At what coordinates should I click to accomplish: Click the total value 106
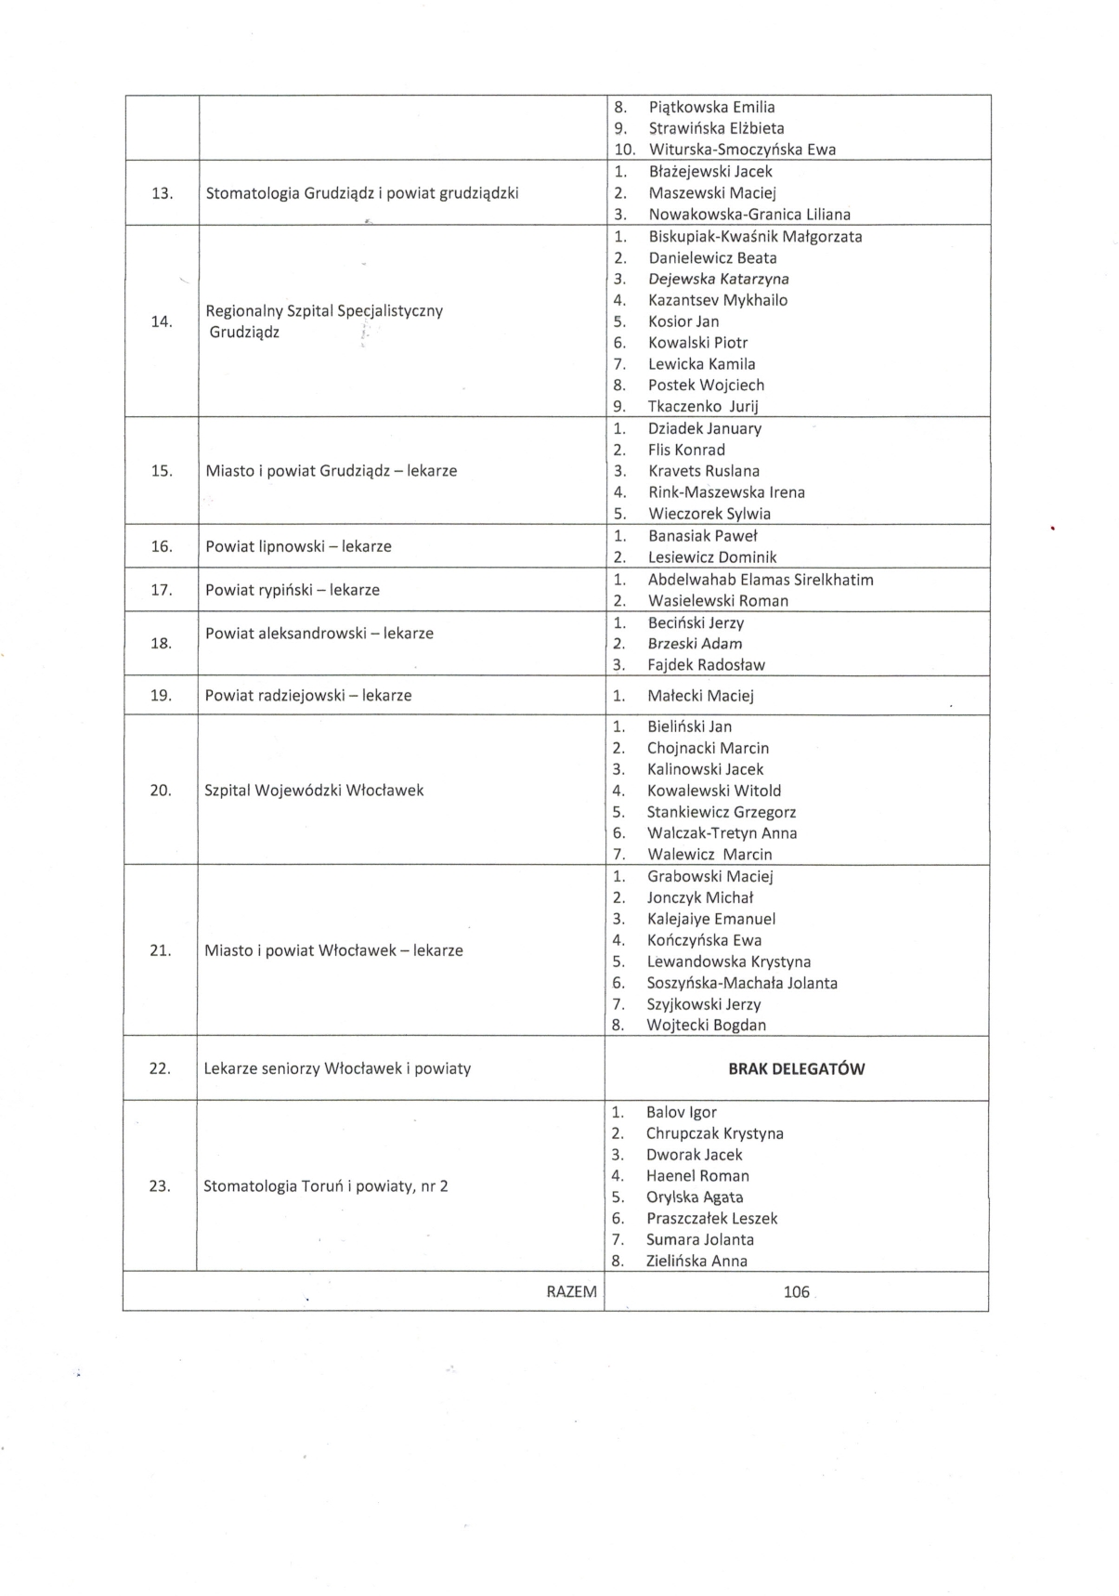[796, 1291]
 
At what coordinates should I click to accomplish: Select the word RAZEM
[571, 1291]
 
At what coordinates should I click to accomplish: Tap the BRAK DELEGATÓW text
[796, 1068]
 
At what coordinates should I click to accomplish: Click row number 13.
[163, 193]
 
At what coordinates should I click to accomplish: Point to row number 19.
[162, 695]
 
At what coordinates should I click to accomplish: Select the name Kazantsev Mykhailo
[717, 300]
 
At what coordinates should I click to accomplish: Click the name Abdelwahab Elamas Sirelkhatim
[760, 580]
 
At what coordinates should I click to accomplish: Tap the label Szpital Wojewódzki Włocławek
[314, 791]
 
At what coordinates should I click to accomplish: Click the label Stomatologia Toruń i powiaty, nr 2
[325, 1185]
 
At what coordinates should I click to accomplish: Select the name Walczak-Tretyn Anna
[722, 833]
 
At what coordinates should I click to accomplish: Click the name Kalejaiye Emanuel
[710, 919]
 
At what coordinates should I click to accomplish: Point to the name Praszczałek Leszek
[711, 1218]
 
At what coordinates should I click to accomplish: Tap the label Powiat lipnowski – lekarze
[298, 546]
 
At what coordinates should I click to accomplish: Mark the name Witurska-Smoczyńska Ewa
[742, 150]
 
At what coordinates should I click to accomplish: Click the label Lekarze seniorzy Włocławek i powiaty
[337, 1068]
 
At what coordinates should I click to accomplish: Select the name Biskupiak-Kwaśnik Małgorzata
[754, 236]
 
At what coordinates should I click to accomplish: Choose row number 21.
[161, 950]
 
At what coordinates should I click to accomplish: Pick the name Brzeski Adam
[695, 644]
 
